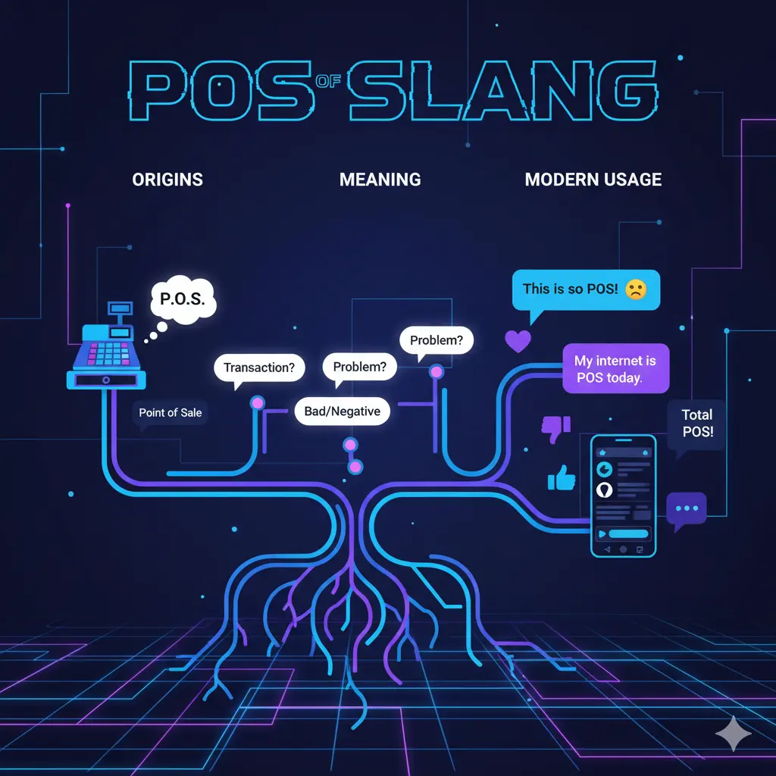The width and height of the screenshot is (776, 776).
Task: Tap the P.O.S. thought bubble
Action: (x=183, y=299)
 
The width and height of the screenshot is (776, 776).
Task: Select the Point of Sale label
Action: (x=171, y=413)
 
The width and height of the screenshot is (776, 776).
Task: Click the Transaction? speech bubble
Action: (x=259, y=368)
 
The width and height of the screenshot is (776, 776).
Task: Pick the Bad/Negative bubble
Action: (x=342, y=411)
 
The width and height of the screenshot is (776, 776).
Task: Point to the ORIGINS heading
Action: (x=167, y=180)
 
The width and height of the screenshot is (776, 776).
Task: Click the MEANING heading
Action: (x=380, y=180)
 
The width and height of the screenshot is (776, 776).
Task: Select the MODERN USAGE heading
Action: (x=593, y=180)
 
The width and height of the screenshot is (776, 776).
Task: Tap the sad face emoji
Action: (x=636, y=289)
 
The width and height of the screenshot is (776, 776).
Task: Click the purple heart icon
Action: (x=518, y=341)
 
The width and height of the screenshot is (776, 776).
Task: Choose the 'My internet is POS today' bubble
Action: (x=615, y=369)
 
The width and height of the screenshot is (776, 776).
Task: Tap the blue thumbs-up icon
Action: (x=562, y=478)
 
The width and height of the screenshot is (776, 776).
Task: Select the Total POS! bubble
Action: (x=696, y=424)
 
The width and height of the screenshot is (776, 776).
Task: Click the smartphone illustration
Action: (x=623, y=496)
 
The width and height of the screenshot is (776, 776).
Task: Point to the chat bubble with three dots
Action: (x=687, y=508)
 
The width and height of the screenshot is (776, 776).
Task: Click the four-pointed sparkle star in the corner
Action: (x=734, y=734)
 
